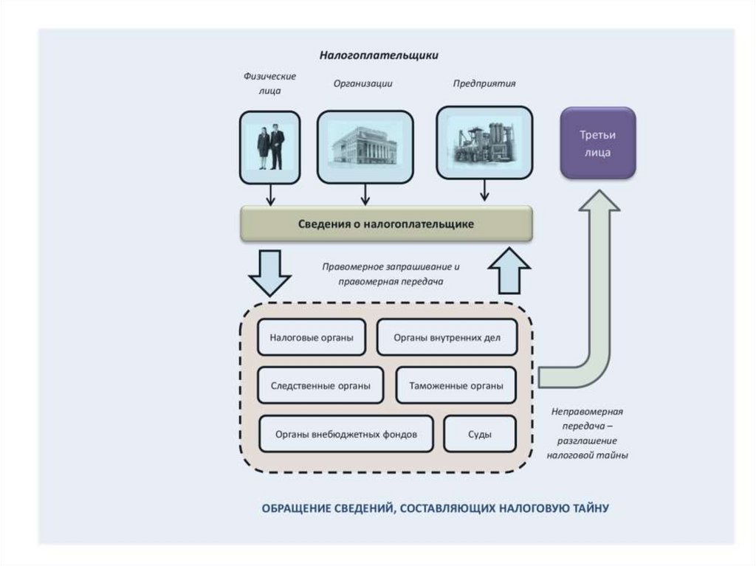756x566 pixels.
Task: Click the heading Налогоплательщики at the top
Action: (379, 55)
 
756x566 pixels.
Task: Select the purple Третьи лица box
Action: (597, 143)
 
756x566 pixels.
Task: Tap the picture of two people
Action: (269, 147)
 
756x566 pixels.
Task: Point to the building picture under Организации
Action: (364, 146)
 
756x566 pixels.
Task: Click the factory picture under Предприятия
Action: (484, 142)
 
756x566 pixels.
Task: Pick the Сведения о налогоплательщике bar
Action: (386, 223)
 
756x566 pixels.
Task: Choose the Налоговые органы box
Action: (311, 338)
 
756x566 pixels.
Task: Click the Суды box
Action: (479, 434)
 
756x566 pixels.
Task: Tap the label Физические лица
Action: (259, 83)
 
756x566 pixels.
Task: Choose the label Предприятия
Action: (484, 83)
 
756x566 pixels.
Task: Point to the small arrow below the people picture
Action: (270, 195)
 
